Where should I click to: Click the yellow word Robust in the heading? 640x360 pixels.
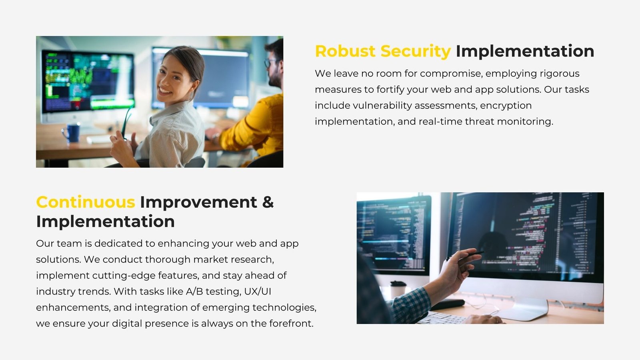click(345, 52)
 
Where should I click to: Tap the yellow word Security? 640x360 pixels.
click(416, 52)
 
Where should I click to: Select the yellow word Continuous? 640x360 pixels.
click(86, 202)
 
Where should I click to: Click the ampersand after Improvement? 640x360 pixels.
click(268, 202)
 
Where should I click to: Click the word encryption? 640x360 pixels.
click(506, 106)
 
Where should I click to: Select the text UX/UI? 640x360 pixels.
click(258, 292)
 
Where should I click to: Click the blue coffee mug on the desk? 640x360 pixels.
click(72, 132)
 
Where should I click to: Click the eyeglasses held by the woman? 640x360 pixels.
click(127, 123)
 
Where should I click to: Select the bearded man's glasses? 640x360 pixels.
click(270, 63)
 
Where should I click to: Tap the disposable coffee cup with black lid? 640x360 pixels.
click(398, 290)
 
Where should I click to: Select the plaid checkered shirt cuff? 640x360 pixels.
click(413, 305)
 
